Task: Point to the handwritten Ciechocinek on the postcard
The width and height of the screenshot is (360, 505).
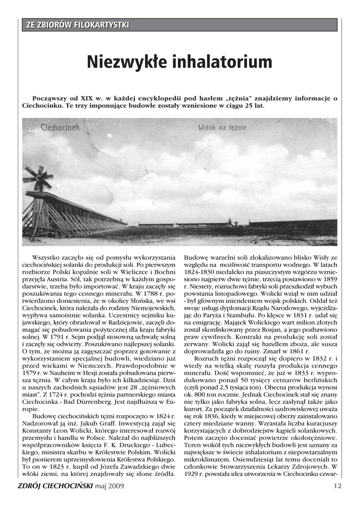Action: (60, 127)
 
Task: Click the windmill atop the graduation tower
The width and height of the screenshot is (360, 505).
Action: (38, 178)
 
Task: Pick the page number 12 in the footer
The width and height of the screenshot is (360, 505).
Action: (337, 485)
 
